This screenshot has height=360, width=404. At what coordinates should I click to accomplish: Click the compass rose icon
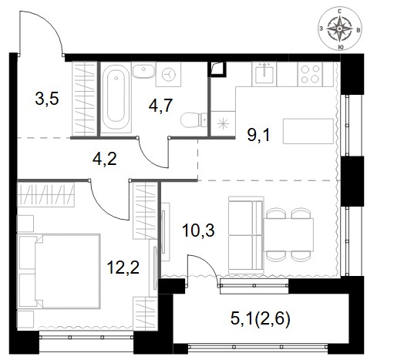pos(340,29)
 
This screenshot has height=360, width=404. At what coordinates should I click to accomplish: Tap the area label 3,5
pos(47,99)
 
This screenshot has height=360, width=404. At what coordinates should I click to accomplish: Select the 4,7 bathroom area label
pos(160,106)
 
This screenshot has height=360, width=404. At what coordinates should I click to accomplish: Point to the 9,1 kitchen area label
pos(259,136)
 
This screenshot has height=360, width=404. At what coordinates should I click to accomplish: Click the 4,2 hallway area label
pos(105,160)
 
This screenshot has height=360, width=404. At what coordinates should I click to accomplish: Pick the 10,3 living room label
pos(198,230)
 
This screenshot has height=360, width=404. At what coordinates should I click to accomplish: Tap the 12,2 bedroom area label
pos(123,267)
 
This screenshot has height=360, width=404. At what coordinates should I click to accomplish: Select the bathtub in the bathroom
pos(116,97)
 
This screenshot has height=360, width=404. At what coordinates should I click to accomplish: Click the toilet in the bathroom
pos(194,119)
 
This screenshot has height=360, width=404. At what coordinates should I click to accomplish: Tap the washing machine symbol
pos(169,75)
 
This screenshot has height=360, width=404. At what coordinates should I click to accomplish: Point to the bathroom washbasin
pos(143,70)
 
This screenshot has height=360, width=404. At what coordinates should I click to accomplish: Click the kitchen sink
pos(264,74)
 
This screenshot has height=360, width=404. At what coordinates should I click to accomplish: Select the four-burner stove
pos(310,74)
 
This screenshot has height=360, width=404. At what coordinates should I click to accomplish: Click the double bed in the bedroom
pos(59,271)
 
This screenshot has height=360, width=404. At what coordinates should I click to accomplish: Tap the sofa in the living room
pos(246,235)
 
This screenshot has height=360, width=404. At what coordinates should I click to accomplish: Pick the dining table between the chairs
pos(288,235)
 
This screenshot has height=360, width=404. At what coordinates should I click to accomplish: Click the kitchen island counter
pos(308,131)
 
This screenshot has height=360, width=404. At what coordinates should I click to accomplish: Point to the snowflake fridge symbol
pos(223,123)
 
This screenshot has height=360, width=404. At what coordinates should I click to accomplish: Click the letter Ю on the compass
pos(340,47)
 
